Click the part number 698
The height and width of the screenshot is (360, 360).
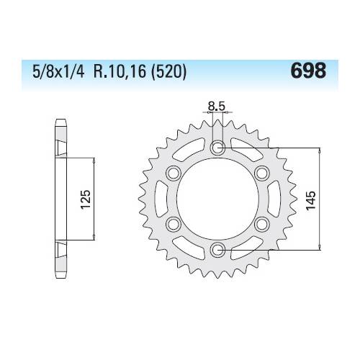pos(308,71)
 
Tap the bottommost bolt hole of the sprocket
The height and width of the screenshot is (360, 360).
pos(218,249)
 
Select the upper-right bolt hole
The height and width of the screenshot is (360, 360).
pos(262,174)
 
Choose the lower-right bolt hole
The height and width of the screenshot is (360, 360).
pos(262,223)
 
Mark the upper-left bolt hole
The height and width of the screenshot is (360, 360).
pos(174,174)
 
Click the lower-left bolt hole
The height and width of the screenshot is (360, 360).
pos(174,223)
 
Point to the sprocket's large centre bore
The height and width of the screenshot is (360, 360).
pos(218,199)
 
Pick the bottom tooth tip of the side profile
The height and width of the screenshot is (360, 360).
pos(58,277)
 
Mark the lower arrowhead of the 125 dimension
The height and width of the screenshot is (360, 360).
pos(94,240)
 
